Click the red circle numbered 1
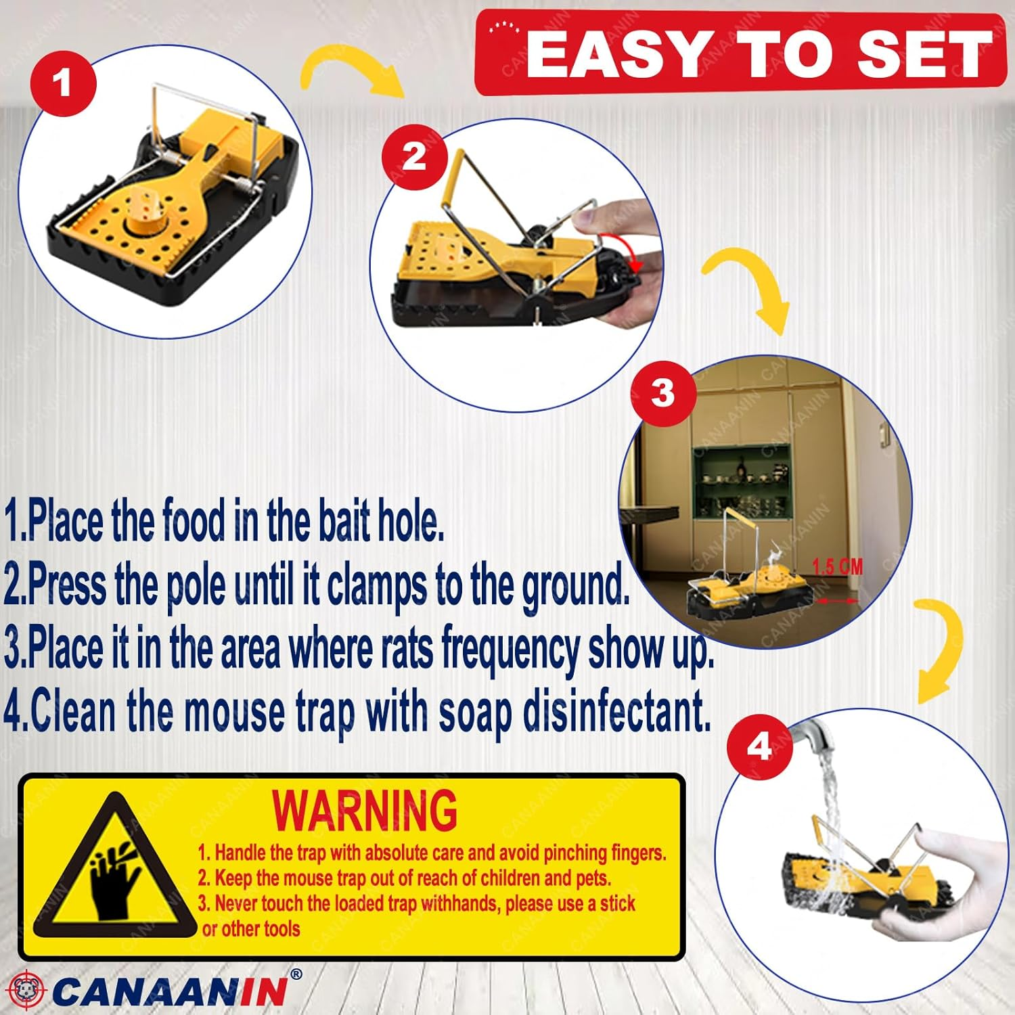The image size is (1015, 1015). [63, 83]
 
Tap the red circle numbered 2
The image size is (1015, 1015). [414, 157]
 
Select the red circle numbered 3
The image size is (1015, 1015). [662, 392]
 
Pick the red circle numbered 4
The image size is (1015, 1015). [759, 746]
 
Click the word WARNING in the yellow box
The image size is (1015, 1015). [365, 810]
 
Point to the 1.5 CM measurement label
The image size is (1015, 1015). [837, 566]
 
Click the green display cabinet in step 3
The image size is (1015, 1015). [741, 480]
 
